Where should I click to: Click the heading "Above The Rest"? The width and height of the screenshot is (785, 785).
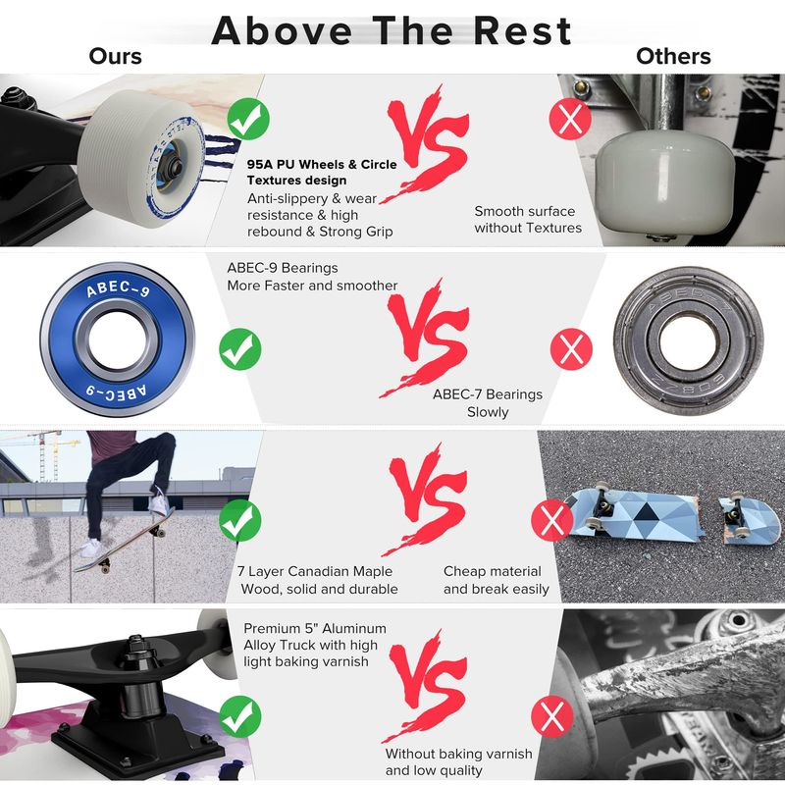coord(391,31)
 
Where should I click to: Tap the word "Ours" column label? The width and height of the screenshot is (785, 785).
coord(115,56)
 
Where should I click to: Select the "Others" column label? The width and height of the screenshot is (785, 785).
coord(673,56)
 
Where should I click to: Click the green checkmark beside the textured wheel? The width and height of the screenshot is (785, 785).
coord(248,119)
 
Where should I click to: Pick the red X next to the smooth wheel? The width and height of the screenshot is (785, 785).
coord(570,119)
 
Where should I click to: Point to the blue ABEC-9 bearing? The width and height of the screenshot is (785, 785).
coord(117,340)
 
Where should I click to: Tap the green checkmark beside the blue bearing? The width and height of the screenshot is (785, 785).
coord(240,349)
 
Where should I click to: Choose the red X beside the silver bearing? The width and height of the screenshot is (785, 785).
coord(571,349)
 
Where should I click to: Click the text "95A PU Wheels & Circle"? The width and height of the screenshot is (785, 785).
coord(322,164)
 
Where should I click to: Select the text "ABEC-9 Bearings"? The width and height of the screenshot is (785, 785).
coord(283,268)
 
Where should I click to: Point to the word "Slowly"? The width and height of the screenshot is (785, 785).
coord(488,412)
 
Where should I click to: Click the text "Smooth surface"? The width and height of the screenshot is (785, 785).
coord(525,211)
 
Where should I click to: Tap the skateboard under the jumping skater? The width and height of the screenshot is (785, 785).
coord(124,541)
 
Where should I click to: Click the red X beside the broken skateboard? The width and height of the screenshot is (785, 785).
coord(552,520)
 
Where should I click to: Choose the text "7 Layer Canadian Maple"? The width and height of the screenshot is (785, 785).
coord(315,571)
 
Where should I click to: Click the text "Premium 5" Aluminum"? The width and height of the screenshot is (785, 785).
coord(315,628)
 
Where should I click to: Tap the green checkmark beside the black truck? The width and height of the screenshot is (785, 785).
coord(240,716)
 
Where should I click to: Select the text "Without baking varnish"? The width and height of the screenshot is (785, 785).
coord(458,754)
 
